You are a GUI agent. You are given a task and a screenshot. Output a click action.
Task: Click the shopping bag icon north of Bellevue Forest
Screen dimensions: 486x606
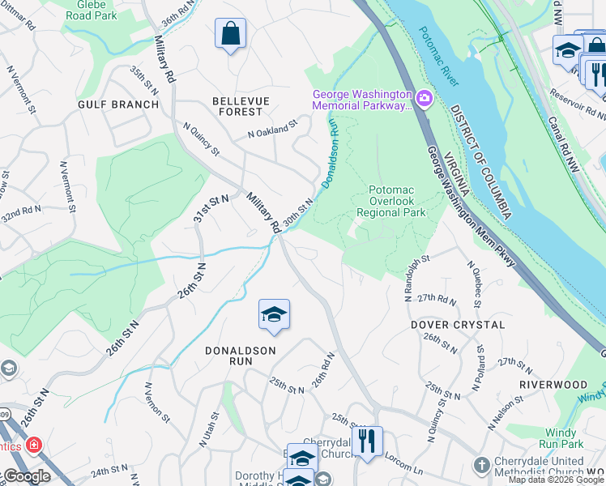231,34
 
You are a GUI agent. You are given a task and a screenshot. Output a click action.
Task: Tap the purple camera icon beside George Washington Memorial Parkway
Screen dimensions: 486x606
424,100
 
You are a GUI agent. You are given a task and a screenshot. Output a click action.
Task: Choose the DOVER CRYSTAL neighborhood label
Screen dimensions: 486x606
458,325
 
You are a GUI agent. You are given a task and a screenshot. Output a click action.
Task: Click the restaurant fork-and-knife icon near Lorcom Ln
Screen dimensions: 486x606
367,441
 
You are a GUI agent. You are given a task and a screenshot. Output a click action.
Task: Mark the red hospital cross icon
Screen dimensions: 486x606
34,445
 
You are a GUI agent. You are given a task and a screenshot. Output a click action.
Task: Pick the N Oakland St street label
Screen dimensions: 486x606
273,129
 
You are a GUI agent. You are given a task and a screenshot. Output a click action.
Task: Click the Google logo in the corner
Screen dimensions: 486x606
26,477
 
